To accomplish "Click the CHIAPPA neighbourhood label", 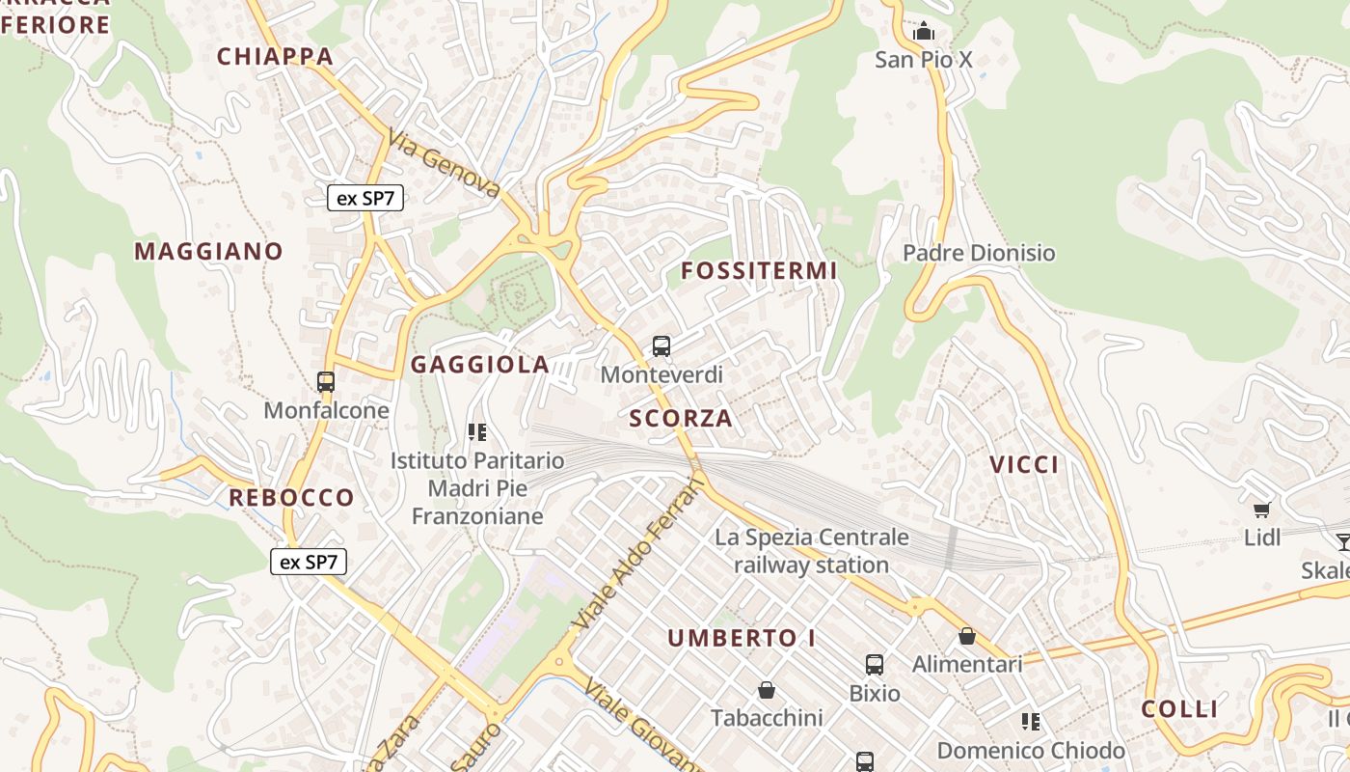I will pyautogui.click(x=275, y=56).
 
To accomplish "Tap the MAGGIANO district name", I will pyautogui.click(x=208, y=252).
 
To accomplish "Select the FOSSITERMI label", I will pyautogui.click(x=759, y=271).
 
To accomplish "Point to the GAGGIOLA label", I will pyautogui.click(x=480, y=365).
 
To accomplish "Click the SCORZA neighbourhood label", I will pyautogui.click(x=681, y=419).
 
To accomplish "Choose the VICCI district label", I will pyautogui.click(x=1024, y=465).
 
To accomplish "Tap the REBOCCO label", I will pyautogui.click(x=291, y=498).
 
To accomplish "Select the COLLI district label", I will pyautogui.click(x=1180, y=709).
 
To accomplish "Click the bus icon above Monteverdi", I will pyautogui.click(x=661, y=346).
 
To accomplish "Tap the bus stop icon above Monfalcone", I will pyautogui.click(x=326, y=382).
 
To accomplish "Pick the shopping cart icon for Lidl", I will pyautogui.click(x=1261, y=510).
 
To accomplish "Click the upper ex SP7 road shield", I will pyautogui.click(x=365, y=199).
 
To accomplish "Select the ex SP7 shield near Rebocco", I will pyautogui.click(x=308, y=562).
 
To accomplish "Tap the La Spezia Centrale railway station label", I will pyautogui.click(x=811, y=551).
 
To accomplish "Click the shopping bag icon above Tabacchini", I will pyautogui.click(x=767, y=690).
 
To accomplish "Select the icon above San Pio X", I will pyautogui.click(x=924, y=32).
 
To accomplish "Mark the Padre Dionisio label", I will pyautogui.click(x=979, y=253).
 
